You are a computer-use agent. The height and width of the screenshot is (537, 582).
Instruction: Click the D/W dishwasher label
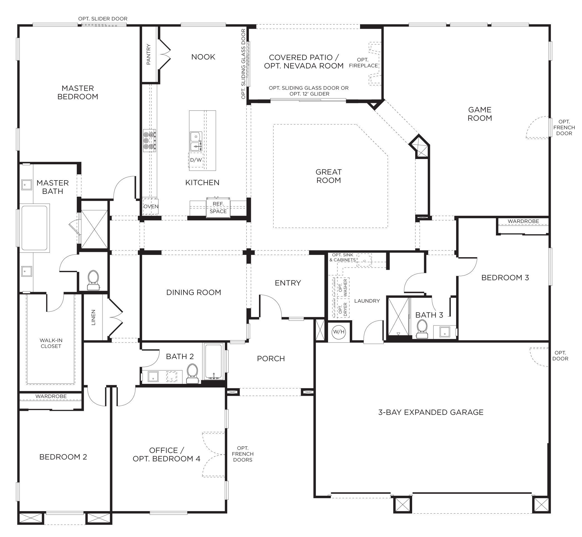click(x=196, y=160)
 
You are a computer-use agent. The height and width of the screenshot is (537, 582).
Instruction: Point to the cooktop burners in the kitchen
click(x=150, y=140)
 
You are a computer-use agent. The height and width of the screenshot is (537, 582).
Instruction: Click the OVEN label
click(x=151, y=207)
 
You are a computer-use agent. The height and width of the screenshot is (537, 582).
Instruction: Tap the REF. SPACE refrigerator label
click(x=218, y=208)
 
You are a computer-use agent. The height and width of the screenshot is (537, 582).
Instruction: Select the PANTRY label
click(x=148, y=54)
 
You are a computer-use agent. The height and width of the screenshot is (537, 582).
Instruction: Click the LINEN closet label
click(x=93, y=317)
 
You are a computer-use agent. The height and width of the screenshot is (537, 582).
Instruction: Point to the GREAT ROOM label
click(x=328, y=176)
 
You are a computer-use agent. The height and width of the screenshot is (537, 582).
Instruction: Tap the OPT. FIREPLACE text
click(x=363, y=63)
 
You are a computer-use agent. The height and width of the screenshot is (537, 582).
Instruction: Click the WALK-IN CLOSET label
click(x=51, y=343)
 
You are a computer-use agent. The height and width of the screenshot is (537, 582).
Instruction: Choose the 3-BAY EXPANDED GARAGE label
click(x=431, y=412)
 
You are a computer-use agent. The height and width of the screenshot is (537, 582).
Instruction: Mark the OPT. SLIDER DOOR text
click(x=103, y=19)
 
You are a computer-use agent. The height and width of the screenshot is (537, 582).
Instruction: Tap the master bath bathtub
click(x=35, y=228)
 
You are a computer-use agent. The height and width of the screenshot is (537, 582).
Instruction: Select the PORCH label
click(x=271, y=359)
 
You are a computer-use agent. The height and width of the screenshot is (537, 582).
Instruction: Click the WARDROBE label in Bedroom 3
click(x=524, y=221)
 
